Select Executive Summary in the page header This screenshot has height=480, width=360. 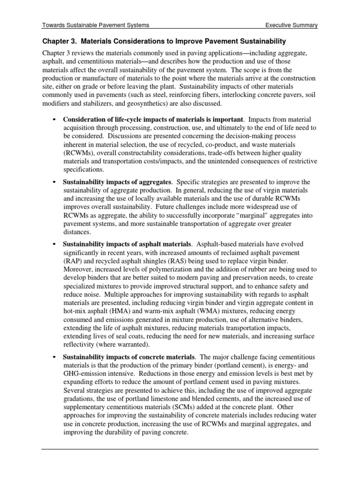tap(291, 26)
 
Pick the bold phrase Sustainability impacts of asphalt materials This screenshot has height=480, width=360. tap(127, 244)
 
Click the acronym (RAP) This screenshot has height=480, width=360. tap(72, 261)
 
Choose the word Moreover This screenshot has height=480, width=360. tap(78, 270)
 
